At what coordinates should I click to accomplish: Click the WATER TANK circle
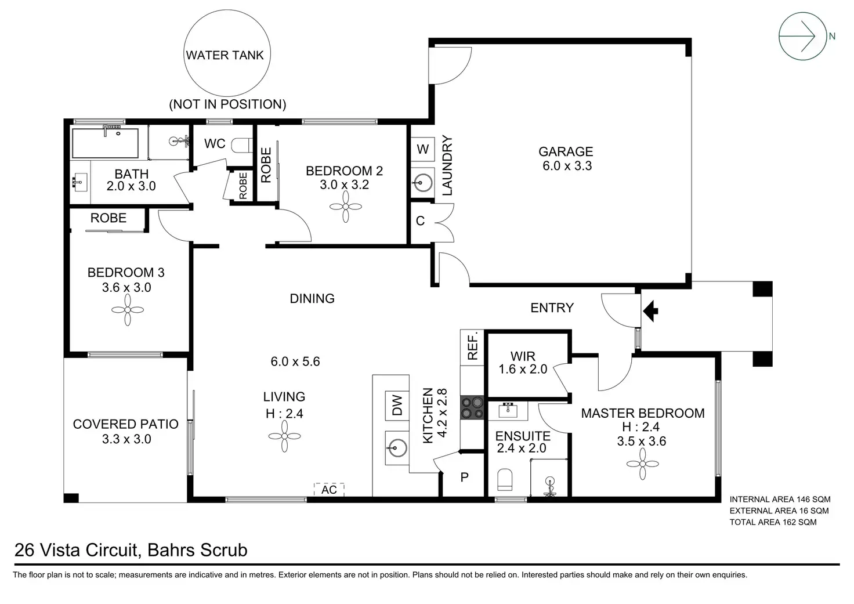click(225, 55)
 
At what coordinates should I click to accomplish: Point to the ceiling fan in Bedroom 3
click(126, 310)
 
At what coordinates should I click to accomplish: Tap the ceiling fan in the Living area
click(284, 435)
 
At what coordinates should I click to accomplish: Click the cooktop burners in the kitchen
click(472, 407)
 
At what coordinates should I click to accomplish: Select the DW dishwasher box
click(397, 406)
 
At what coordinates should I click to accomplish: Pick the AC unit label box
click(329, 490)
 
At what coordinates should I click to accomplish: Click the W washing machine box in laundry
click(423, 149)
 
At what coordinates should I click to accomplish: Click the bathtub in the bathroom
click(105, 143)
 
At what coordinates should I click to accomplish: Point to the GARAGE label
click(566, 152)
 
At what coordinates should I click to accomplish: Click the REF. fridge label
click(472, 346)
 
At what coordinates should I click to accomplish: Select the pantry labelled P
click(464, 478)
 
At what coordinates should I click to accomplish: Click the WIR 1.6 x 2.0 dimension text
click(523, 369)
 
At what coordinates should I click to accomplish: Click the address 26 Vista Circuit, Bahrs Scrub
click(131, 550)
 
